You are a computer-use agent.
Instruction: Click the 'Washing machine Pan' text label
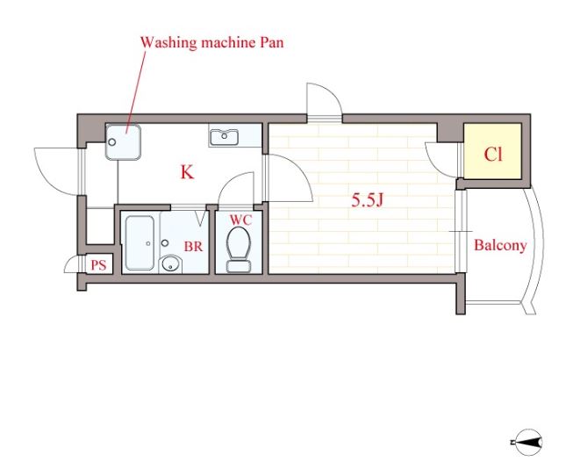coord(212,42)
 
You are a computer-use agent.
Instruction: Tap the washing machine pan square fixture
coord(123,142)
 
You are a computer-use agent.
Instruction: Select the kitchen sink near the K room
coord(224,137)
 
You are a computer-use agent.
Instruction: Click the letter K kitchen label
coord(187,172)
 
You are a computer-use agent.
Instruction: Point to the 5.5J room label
coord(367,200)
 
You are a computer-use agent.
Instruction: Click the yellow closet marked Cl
coord(492,151)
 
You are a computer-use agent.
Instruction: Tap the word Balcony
coord(500,245)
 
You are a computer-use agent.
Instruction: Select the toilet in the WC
coord(239,249)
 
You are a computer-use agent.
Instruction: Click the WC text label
coord(240,220)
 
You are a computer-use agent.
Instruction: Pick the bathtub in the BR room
coord(140,243)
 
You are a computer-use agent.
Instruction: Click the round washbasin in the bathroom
coord(171,263)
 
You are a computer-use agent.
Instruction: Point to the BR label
coord(193,247)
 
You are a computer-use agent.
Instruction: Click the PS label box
coord(98,265)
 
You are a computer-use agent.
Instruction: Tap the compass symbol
coord(527,443)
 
